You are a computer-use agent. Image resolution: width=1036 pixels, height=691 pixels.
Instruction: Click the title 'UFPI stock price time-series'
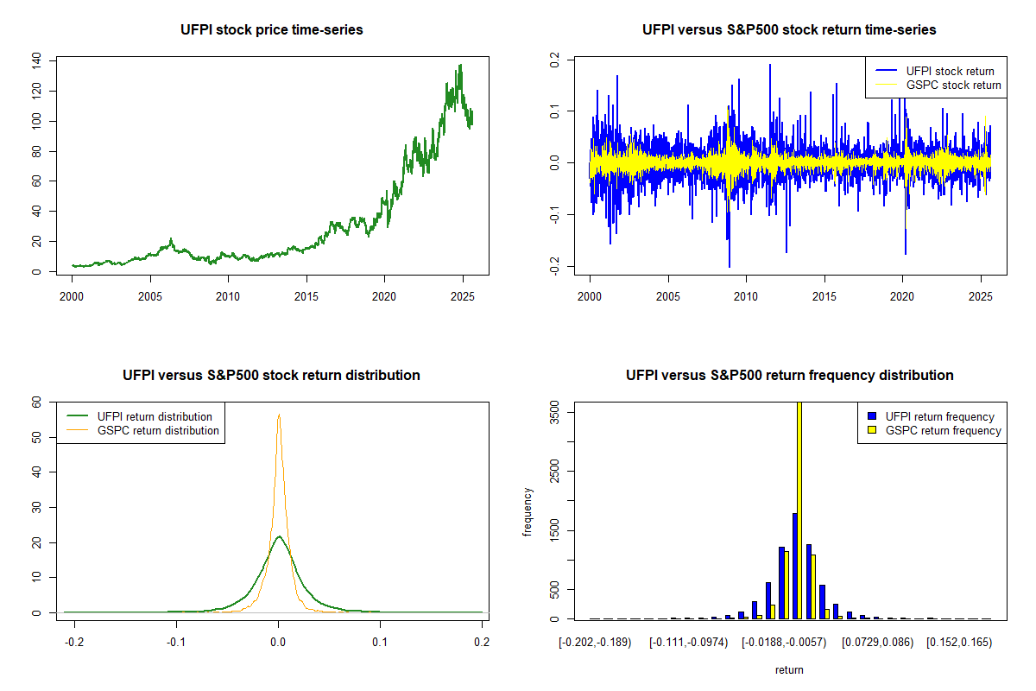tap(272, 29)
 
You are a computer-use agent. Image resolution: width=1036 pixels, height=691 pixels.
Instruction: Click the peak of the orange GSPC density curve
tap(279, 415)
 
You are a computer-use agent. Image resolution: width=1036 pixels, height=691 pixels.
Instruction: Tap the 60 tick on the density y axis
tap(36, 403)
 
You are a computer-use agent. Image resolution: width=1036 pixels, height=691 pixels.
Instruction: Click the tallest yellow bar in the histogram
tap(799, 510)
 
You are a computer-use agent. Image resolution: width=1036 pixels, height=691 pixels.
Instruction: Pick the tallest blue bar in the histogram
tap(794, 566)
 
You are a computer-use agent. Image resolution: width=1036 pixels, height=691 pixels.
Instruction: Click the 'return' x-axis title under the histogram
tap(789, 669)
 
